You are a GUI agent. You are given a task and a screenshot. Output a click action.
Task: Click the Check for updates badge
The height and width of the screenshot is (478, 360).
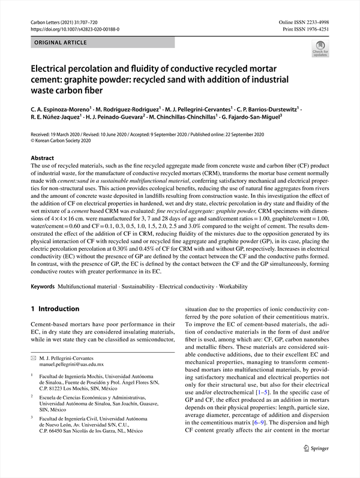tap(320, 48)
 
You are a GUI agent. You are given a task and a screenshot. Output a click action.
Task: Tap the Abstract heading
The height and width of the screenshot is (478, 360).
tap(44, 158)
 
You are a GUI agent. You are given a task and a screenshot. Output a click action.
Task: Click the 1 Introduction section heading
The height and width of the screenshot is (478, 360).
tap(55, 309)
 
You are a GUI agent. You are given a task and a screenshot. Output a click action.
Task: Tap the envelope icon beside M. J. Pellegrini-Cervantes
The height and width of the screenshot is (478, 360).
tap(34, 357)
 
